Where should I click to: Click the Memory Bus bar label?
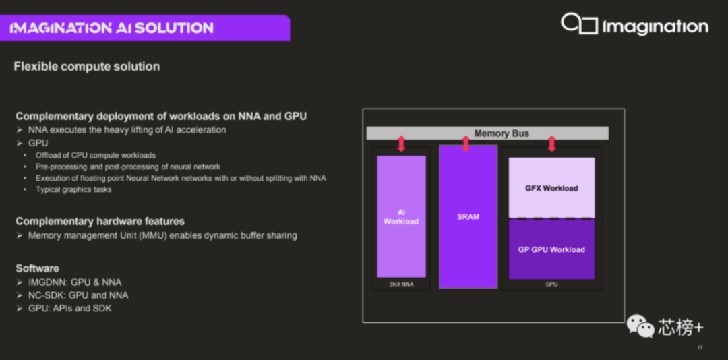[x=502, y=133]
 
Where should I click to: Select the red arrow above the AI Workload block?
[x=402, y=144]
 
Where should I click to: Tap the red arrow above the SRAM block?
[x=466, y=144]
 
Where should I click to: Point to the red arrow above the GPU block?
[x=551, y=144]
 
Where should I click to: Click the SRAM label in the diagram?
[x=468, y=217]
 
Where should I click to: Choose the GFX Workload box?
[x=551, y=187]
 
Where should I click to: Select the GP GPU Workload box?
[x=551, y=249]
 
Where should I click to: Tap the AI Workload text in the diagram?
[x=401, y=217]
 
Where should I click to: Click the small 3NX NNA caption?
[x=401, y=284]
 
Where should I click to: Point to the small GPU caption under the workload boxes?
[x=551, y=284]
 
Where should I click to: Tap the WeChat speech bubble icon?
[x=640, y=326]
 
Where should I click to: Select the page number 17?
[x=700, y=347]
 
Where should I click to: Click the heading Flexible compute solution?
[x=87, y=67]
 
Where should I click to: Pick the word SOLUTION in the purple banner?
[x=174, y=28]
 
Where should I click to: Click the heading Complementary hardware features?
[x=100, y=221]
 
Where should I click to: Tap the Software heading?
[x=37, y=268]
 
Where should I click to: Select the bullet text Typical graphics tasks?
[x=73, y=189]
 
